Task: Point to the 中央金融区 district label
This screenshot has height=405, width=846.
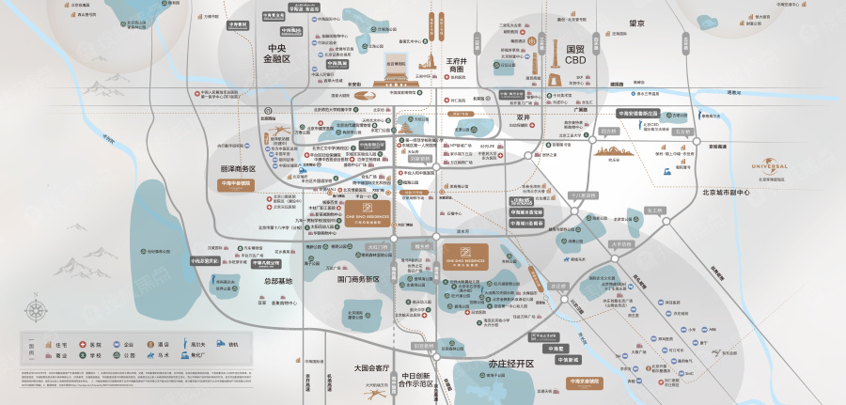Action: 279,53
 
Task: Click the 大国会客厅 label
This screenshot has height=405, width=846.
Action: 373,367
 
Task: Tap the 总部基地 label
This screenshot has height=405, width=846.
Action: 277,281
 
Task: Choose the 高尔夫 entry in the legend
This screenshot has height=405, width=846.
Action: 189,345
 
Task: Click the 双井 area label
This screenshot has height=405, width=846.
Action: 524,117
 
